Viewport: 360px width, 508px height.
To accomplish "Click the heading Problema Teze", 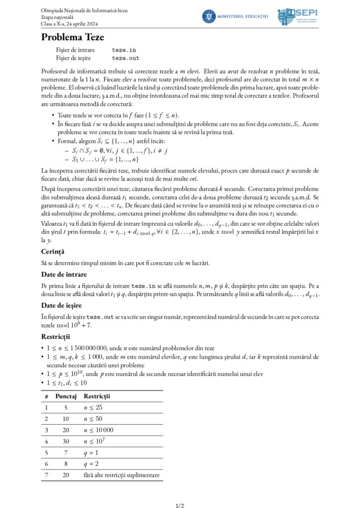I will click(72, 37).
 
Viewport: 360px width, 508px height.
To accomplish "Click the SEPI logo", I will click(297, 16).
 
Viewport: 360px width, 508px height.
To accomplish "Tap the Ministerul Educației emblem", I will click(209, 16).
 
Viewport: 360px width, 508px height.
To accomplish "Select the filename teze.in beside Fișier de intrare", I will click(124, 50).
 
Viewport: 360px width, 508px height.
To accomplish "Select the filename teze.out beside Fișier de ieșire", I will click(126, 58).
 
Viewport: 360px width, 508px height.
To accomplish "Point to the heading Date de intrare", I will click(64, 274).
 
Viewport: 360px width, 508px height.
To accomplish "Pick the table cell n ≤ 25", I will click(93, 407).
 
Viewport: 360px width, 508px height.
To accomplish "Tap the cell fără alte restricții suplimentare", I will click(122, 475).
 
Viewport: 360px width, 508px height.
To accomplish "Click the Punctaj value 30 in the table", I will click(66, 441).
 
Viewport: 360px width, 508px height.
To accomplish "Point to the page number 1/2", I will click(180, 506).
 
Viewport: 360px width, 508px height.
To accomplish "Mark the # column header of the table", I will click(46, 396).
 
